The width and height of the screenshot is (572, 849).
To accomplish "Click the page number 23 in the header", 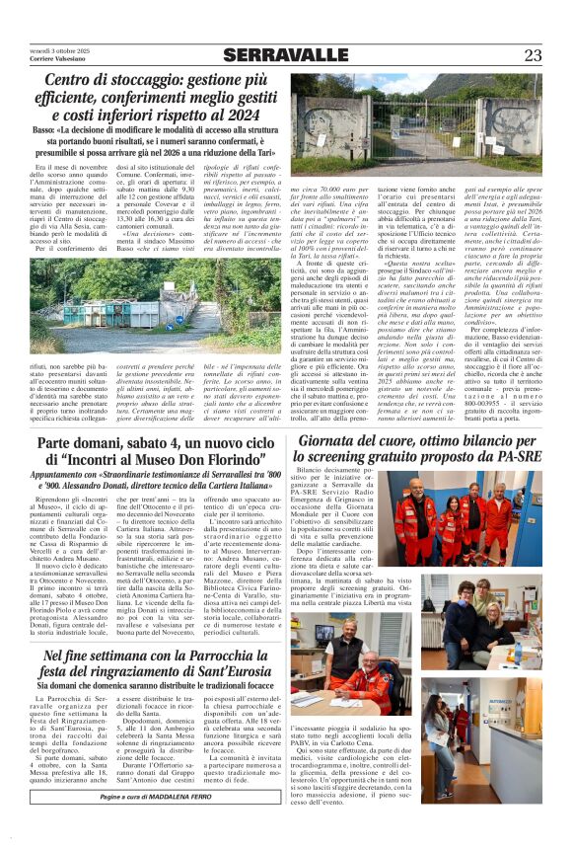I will click(532, 54).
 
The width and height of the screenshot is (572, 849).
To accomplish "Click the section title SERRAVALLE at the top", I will click(286, 54).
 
